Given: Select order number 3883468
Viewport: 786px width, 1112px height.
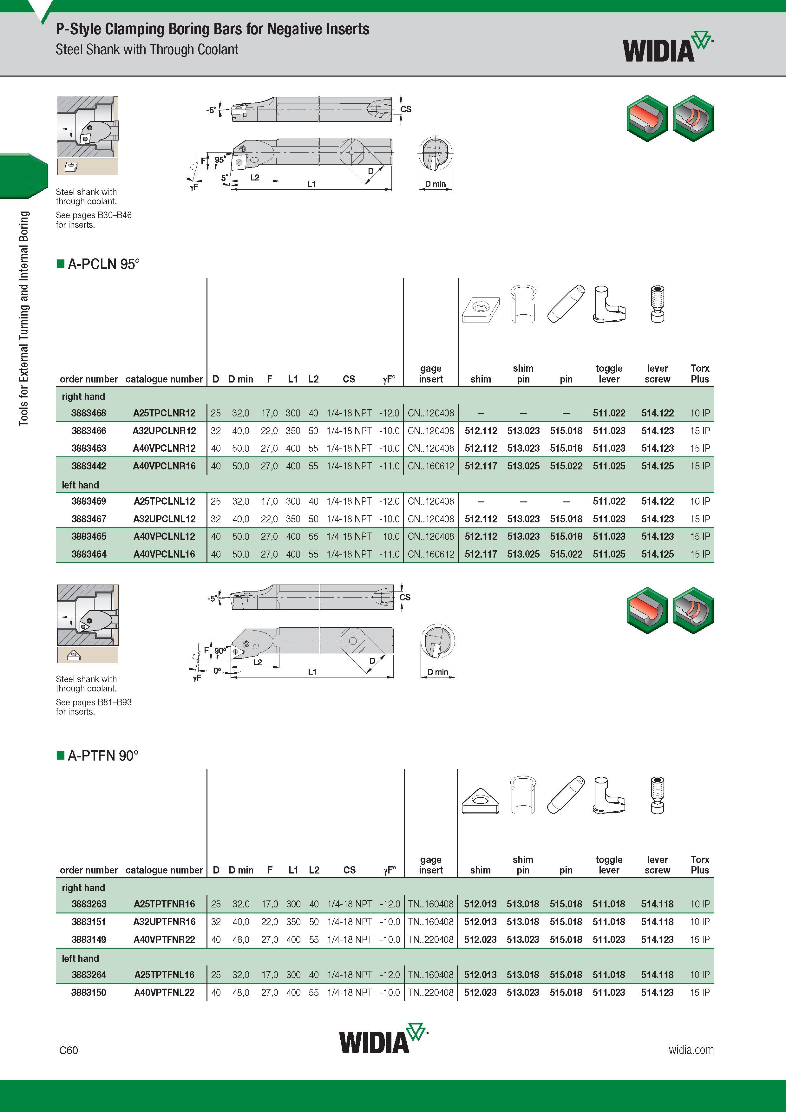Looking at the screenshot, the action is click(88, 413).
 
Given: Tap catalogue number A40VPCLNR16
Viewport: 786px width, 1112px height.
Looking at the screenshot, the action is click(164, 466).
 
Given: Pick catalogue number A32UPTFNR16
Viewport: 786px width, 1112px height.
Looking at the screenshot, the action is click(164, 922).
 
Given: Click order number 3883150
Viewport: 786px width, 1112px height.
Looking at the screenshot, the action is click(88, 992).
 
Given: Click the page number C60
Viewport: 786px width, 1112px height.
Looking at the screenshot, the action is click(68, 1050).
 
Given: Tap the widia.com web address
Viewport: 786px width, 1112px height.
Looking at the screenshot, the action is click(691, 1050).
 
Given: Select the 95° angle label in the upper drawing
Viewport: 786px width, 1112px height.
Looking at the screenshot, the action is click(220, 159).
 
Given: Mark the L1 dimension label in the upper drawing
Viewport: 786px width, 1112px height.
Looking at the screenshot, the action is click(311, 184).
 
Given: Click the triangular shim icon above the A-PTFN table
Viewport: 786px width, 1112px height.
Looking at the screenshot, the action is click(480, 801).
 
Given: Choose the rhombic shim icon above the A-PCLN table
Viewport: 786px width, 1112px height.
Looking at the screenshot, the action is click(481, 310).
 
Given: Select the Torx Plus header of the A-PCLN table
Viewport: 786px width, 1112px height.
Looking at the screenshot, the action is click(700, 373).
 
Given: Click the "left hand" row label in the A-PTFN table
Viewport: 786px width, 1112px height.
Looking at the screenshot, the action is click(80, 958).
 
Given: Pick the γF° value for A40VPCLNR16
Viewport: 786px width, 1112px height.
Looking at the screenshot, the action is click(390, 466).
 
